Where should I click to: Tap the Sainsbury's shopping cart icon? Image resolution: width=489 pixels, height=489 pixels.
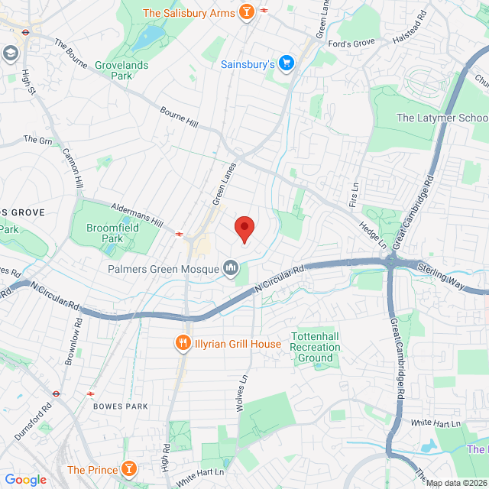click(x=286, y=63)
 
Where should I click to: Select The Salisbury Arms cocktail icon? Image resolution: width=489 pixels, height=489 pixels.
click(x=246, y=12)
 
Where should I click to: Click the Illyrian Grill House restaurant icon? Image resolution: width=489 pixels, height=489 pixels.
click(x=183, y=344)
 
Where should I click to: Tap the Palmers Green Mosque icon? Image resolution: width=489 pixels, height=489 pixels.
click(x=230, y=268)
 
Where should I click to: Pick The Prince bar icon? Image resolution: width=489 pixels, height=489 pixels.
click(x=129, y=469)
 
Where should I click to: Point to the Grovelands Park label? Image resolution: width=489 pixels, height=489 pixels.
click(x=120, y=70)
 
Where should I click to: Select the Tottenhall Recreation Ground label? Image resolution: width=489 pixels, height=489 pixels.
click(x=315, y=347)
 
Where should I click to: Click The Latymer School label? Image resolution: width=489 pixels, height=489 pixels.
click(x=442, y=118)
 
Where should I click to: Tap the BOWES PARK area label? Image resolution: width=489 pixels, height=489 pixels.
click(x=120, y=406)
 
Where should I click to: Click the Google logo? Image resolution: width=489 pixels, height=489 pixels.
click(x=26, y=480)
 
